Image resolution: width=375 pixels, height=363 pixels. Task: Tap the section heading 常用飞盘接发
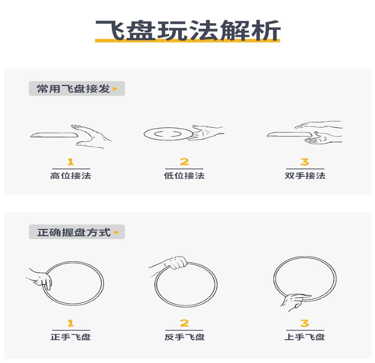click(x=73, y=89)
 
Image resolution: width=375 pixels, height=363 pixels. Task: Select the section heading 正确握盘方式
click(x=73, y=232)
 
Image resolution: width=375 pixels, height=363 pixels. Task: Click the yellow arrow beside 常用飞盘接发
click(x=115, y=89)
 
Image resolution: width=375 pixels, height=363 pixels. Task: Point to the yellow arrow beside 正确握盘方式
click(x=117, y=232)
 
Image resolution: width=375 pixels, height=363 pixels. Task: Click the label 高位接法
click(x=71, y=176)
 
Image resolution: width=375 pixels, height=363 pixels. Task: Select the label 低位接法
click(x=184, y=176)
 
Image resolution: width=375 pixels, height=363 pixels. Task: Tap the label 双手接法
click(x=305, y=176)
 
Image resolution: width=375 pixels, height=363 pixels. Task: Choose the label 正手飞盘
click(x=71, y=337)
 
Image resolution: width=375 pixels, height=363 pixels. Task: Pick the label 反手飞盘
click(x=184, y=337)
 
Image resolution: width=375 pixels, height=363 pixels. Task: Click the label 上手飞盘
click(x=304, y=337)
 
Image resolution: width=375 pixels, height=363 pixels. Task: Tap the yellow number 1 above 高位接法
click(x=70, y=162)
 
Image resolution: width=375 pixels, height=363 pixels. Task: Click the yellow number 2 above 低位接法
click(x=184, y=162)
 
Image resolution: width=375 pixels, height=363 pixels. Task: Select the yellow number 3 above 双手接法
click(x=304, y=162)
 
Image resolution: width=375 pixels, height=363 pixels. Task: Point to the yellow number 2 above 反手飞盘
click(x=184, y=323)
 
